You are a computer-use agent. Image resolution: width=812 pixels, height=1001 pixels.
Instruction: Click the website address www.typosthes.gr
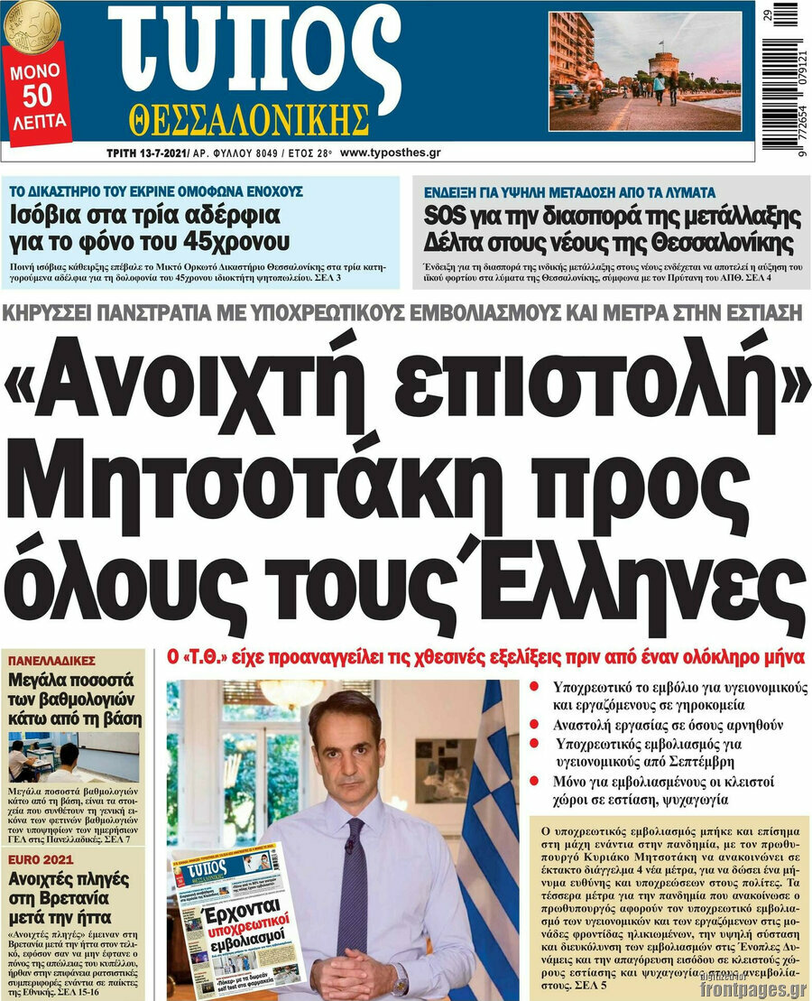(391, 153)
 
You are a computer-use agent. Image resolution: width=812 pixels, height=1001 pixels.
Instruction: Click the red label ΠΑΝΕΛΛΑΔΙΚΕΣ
(51, 660)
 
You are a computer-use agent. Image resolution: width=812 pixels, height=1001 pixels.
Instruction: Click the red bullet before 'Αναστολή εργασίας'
(534, 725)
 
